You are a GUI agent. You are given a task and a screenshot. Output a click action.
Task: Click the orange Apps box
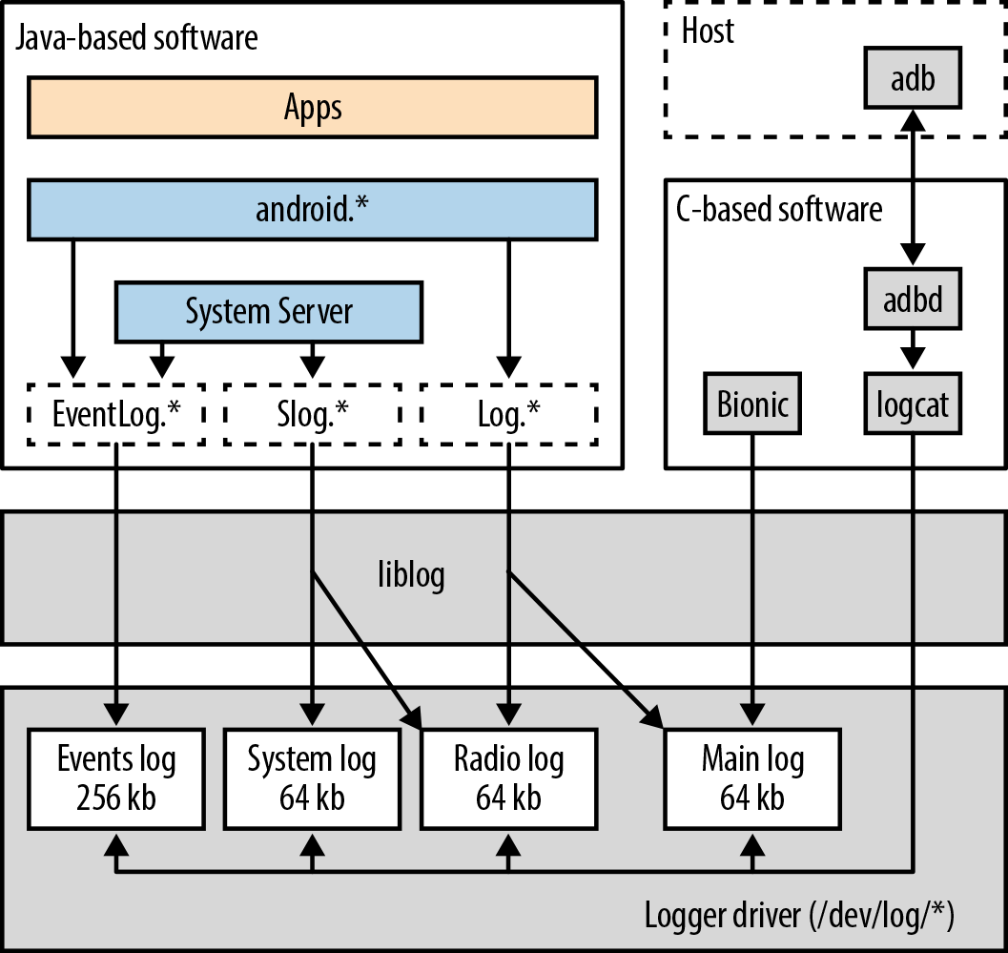click(313, 107)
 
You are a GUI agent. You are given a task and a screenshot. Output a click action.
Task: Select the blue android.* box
click(313, 209)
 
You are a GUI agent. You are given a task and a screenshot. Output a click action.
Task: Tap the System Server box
click(268, 311)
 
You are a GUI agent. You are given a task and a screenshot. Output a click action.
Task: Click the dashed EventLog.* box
click(116, 414)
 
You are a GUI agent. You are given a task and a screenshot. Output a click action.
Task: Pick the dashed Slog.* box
click(313, 414)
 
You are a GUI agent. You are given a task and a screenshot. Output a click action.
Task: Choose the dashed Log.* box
click(508, 414)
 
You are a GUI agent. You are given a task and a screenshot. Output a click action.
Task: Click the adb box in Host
click(913, 78)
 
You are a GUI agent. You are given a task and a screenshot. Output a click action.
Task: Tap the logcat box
click(913, 404)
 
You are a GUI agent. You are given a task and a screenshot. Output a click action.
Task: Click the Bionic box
click(753, 404)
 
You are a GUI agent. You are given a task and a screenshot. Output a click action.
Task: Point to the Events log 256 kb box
click(116, 778)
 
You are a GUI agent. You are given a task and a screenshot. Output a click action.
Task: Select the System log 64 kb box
click(312, 778)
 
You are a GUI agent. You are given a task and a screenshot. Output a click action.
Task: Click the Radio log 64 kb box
click(508, 778)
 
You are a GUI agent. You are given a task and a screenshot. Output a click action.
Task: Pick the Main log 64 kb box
click(753, 778)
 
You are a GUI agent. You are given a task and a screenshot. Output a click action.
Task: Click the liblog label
click(410, 576)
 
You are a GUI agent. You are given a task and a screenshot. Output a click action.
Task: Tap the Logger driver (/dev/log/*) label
click(800, 915)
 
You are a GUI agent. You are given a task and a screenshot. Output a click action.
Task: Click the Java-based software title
click(135, 38)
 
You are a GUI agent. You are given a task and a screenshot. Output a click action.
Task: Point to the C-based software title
click(779, 209)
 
